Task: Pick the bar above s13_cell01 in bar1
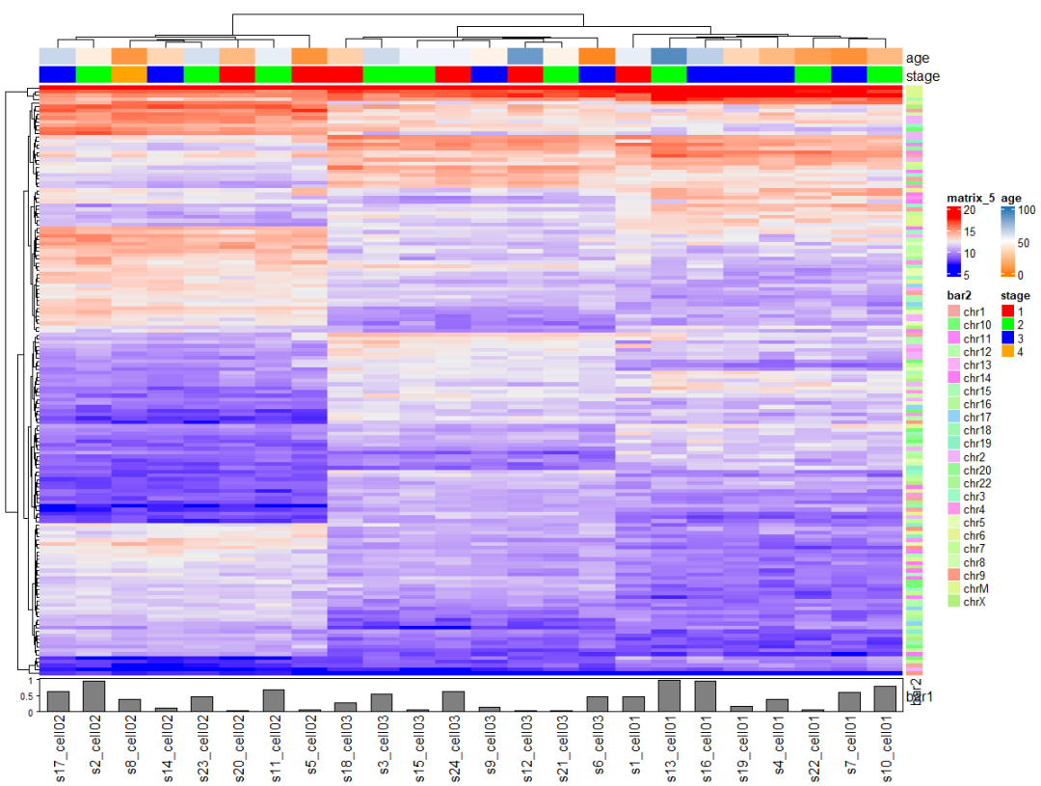point(669,695)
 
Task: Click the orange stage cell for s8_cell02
point(129,74)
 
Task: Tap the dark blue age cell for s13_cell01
point(669,56)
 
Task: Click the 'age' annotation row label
point(918,57)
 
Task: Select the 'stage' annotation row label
point(922,75)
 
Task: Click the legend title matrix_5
point(970,198)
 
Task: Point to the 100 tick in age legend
point(1024,209)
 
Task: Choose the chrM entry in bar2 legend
point(974,588)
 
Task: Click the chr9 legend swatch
point(954,575)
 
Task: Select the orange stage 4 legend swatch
point(1007,352)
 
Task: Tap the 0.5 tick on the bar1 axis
point(31,695)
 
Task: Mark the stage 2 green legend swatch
point(1007,325)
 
